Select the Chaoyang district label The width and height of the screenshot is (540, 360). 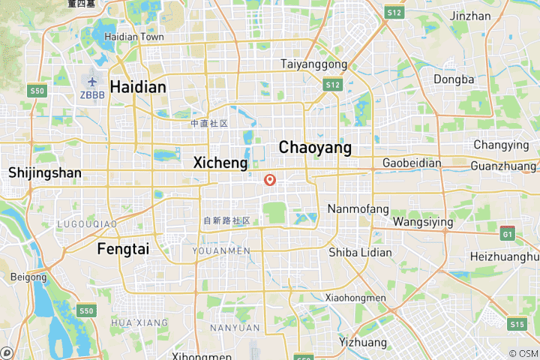click(315, 148)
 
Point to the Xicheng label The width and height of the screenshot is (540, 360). click(220, 162)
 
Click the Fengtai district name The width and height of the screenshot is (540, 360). click(123, 249)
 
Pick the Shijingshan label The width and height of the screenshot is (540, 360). click(45, 172)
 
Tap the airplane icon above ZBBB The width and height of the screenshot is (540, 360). click(93, 81)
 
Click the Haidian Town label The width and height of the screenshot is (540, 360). click(134, 37)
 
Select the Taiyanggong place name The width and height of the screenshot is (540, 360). click(313, 64)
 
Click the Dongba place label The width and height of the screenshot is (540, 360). click(454, 79)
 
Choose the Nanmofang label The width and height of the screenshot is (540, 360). click(358, 208)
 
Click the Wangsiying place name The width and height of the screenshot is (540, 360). click(423, 222)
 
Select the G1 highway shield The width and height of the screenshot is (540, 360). click(509, 233)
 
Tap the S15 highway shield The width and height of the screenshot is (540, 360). click(516, 324)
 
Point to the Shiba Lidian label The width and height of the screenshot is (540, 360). click(360, 252)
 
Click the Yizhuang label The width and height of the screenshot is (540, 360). click(363, 342)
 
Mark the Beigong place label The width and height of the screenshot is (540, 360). click(28, 277)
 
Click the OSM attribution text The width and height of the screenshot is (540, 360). click(523, 353)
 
